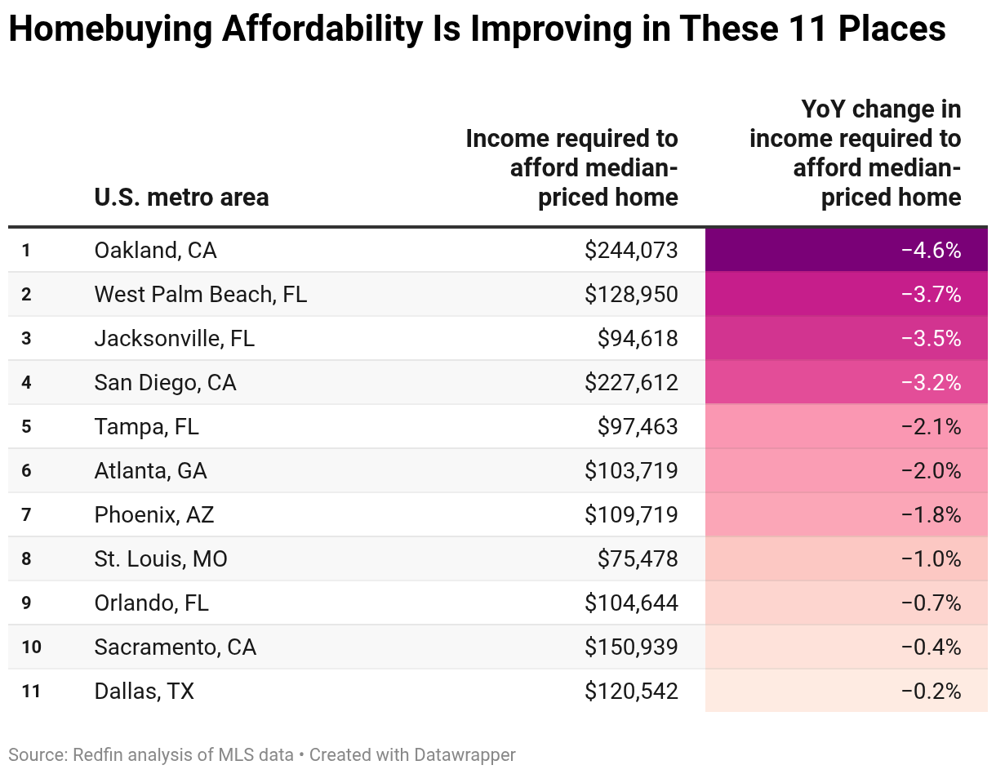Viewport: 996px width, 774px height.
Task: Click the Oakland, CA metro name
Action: [x=155, y=250]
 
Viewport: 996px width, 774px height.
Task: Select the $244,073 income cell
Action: [x=631, y=250]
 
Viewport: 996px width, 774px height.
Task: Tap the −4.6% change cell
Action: [x=931, y=250]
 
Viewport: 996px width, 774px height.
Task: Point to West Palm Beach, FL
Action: [x=200, y=294]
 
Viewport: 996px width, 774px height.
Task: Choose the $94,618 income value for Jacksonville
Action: [x=637, y=338]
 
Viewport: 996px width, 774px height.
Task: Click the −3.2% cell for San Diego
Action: [x=931, y=382]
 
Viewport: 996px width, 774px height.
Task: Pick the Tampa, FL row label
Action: [x=146, y=426]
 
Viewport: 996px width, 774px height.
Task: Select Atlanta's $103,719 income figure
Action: [x=631, y=470]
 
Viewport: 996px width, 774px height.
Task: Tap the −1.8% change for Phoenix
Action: [x=931, y=514]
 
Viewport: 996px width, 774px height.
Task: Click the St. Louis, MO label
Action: [x=161, y=558]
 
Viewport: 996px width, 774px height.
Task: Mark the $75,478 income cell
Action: [x=637, y=558]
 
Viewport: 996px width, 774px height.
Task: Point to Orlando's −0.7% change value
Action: [x=931, y=603]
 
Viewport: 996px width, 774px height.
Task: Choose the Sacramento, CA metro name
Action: [x=175, y=647]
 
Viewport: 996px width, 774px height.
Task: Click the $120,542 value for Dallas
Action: [x=631, y=691]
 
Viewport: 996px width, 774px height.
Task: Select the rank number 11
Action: [x=31, y=691]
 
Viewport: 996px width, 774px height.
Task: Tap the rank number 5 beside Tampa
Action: [x=26, y=426]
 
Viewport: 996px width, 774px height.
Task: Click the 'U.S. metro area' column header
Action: [x=181, y=197]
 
